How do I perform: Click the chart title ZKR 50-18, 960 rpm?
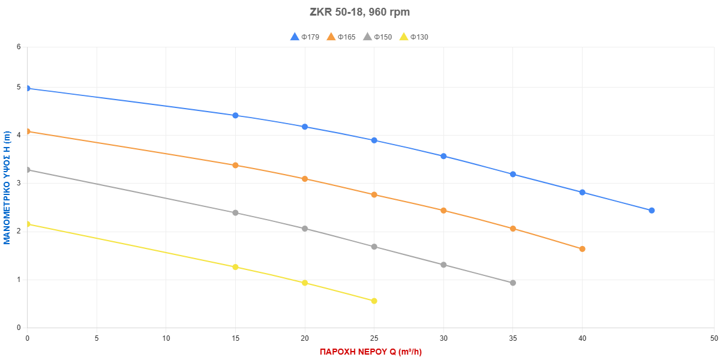tap(359, 12)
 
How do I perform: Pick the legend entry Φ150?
tap(377, 37)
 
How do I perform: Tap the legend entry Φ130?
tap(414, 37)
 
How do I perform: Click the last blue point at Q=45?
tap(652, 210)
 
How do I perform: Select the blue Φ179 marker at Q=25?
tap(374, 140)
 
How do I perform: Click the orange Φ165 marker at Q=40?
tap(582, 249)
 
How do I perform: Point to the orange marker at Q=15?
tap(235, 165)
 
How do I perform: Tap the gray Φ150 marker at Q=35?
tap(513, 283)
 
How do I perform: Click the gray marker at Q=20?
tap(305, 229)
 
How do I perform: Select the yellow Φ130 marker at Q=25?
tap(374, 301)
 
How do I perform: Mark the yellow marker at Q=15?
tap(235, 267)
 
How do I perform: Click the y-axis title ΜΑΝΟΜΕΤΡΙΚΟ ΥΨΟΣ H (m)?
tap(7, 188)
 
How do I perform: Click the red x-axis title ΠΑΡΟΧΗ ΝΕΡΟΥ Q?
tap(370, 352)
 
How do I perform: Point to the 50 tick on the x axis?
tap(713, 338)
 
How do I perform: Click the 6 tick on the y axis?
tap(19, 46)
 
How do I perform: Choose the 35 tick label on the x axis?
tap(513, 338)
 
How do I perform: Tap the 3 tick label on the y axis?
tap(19, 183)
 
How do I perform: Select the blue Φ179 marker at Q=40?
tap(582, 192)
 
